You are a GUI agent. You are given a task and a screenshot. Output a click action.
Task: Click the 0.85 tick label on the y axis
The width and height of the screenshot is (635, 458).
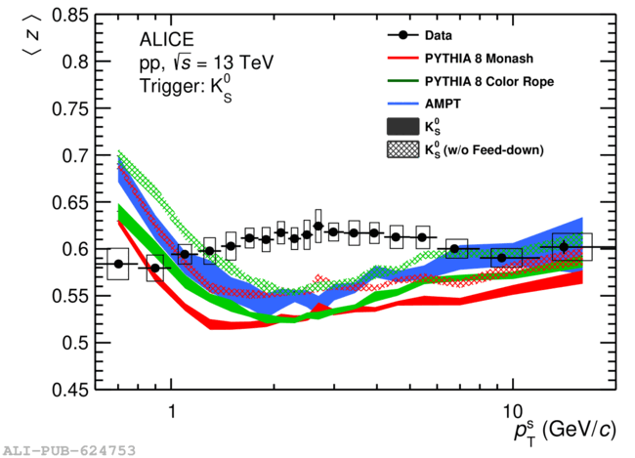click(x=70, y=16)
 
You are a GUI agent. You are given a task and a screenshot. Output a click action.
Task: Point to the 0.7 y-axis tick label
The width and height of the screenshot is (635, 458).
click(x=75, y=156)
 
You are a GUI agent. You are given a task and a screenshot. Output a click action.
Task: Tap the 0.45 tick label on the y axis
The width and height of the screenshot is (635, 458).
click(x=70, y=390)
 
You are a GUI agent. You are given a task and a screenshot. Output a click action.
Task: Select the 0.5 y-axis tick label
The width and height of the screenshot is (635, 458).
click(x=75, y=344)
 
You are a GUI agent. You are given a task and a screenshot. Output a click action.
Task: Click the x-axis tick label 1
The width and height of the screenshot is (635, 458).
click(x=172, y=410)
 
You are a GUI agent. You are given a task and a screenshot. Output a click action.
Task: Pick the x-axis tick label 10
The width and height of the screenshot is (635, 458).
click(x=513, y=411)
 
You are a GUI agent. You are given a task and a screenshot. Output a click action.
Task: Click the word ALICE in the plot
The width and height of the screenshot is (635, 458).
click(x=167, y=40)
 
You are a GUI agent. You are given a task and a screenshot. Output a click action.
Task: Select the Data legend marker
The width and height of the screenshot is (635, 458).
click(x=402, y=35)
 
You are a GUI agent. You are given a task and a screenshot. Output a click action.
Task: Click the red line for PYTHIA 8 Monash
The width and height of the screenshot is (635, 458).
click(x=402, y=59)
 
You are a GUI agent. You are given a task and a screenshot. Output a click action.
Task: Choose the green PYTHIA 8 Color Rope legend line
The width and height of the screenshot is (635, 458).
click(x=402, y=81)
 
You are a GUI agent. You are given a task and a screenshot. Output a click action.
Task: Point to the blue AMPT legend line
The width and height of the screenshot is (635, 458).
click(x=402, y=104)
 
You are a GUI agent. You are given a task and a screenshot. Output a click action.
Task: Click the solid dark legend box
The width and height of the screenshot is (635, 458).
click(x=402, y=127)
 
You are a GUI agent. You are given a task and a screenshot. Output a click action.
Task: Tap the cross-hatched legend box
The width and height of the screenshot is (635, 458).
click(x=402, y=149)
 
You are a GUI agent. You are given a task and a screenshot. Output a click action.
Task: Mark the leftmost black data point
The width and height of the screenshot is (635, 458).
click(x=118, y=264)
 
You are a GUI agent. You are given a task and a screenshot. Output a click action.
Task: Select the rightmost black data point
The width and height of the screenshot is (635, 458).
click(x=564, y=247)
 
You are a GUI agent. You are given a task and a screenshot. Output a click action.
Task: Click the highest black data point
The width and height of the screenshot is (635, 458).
click(x=318, y=226)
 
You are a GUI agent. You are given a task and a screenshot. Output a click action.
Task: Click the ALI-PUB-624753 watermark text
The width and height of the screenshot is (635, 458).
click(x=69, y=450)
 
